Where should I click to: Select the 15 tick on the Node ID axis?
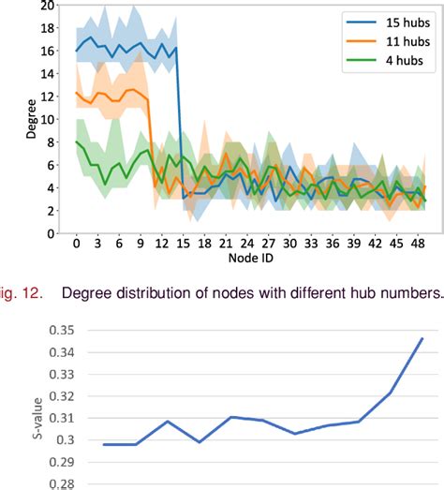(x=184, y=243)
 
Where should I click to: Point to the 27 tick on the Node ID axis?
(x=269, y=243)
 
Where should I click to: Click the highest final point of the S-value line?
(x=422, y=338)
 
